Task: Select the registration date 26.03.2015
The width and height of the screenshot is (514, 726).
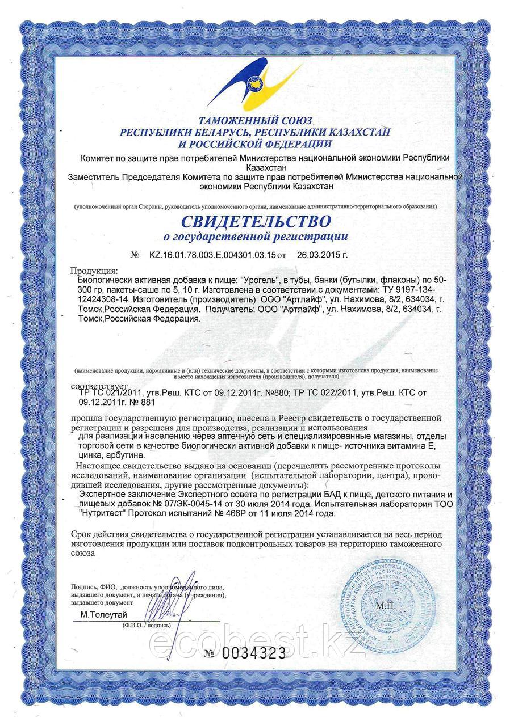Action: [x=322, y=255]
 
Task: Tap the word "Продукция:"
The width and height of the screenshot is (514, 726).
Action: [x=94, y=270]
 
